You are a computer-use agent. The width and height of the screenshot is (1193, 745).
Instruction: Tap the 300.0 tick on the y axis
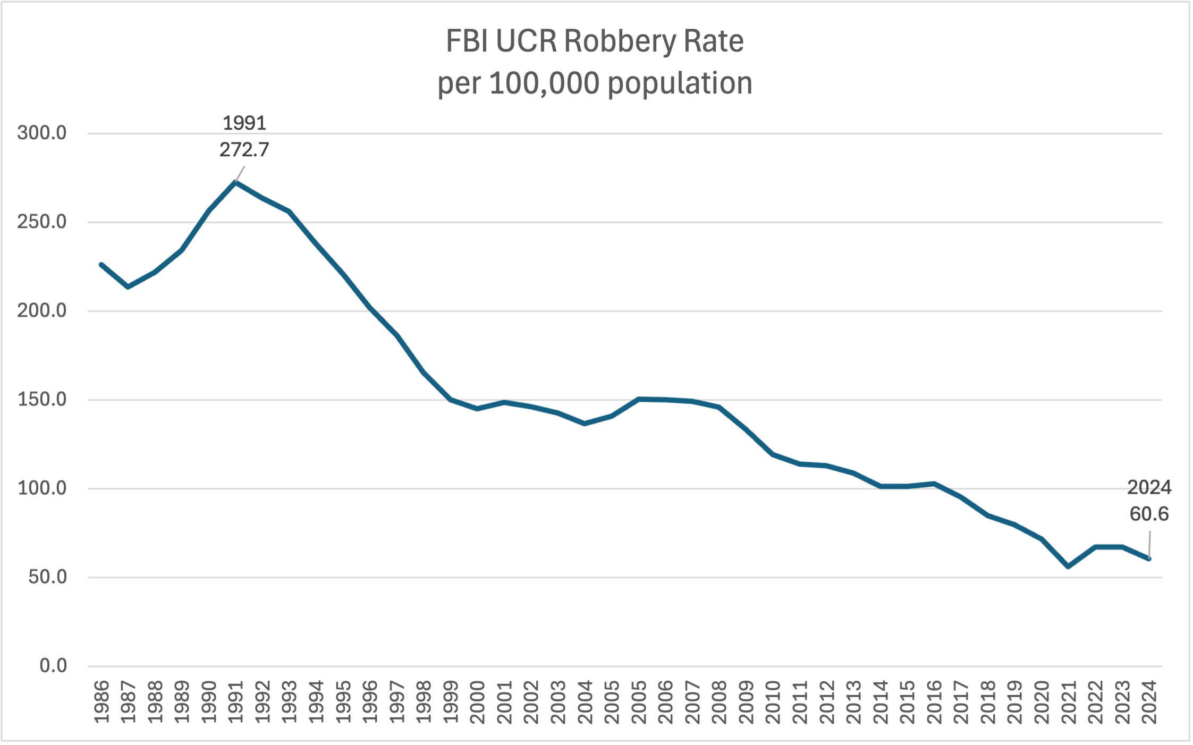[x=42, y=133]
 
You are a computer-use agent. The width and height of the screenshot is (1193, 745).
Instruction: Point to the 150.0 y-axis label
[x=42, y=400]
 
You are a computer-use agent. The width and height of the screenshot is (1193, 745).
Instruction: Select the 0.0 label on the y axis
[x=53, y=666]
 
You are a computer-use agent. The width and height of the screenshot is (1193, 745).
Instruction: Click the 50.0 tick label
[x=47, y=577]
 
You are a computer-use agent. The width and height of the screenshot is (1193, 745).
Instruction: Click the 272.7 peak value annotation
[x=244, y=150]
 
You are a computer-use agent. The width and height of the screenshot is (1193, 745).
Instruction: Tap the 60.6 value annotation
[x=1148, y=514]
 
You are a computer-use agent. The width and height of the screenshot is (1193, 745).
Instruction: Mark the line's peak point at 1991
[x=235, y=182]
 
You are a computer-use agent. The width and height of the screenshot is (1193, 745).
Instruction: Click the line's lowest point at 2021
[x=1068, y=567]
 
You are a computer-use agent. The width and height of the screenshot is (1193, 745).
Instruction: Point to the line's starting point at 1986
[x=101, y=264]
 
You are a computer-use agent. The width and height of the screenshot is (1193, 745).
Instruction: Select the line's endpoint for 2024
[x=1149, y=558]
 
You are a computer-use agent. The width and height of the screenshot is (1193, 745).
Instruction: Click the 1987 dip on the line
[x=128, y=287]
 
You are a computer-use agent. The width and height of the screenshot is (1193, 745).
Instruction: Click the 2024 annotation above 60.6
[x=1148, y=487]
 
